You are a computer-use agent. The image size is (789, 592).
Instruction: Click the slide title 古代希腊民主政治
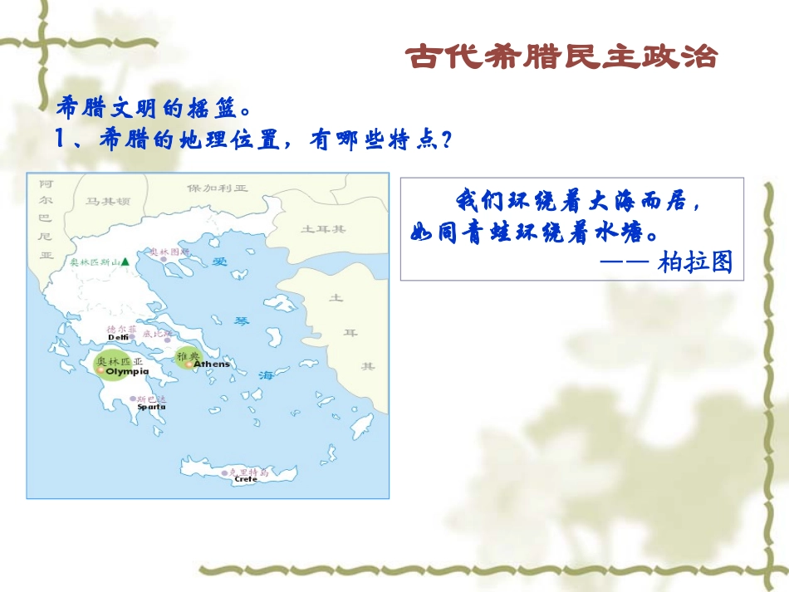click(561, 56)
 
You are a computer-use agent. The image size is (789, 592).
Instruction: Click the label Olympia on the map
click(127, 372)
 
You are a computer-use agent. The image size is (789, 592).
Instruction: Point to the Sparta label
click(151, 408)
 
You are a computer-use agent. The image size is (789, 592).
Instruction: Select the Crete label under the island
click(246, 479)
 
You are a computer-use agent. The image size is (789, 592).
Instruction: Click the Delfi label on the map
click(119, 337)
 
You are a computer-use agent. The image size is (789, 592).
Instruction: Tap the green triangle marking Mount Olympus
click(125, 262)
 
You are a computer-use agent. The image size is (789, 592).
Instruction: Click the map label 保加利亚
click(218, 188)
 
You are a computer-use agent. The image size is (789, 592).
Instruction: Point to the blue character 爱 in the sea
click(220, 262)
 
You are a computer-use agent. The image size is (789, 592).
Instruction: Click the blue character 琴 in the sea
click(242, 320)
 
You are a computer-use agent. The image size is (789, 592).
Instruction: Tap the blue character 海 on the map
click(266, 375)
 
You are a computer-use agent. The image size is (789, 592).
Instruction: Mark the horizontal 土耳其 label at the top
click(323, 228)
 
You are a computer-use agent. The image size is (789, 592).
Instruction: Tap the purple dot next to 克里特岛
click(224, 472)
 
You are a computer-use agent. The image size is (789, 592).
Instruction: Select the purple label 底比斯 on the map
click(157, 334)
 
